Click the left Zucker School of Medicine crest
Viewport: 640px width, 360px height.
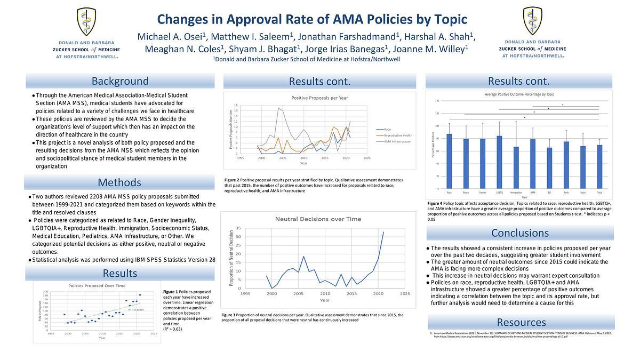tap(86, 22)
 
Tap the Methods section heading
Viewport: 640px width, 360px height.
tap(119, 183)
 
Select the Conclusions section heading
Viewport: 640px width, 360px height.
tap(520, 233)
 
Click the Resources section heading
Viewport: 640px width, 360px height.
tap(521, 322)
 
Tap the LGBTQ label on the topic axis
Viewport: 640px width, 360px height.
tap(499, 192)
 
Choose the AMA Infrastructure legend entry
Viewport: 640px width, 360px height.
tap(399, 142)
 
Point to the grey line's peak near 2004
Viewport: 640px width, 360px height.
tap(278, 108)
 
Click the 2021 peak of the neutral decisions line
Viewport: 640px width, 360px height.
tap(383, 232)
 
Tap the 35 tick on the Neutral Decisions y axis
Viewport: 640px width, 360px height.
tap(238, 228)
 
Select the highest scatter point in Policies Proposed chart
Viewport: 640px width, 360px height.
tap(140, 295)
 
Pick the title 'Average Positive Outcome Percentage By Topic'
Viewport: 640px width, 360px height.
tap(519, 94)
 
